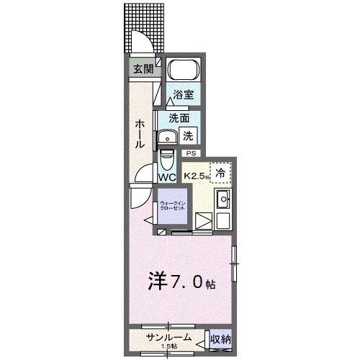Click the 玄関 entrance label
tap(143, 69)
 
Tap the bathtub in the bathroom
tap(184, 72)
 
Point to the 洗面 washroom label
tap(179, 118)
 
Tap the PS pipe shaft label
tap(191, 153)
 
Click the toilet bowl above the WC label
tap(167, 158)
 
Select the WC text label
tap(167, 177)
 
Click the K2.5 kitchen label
tap(196, 175)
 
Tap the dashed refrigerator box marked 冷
tap(221, 173)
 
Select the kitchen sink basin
tap(223, 199)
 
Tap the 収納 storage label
tap(220, 338)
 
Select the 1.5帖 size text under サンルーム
tap(168, 347)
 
